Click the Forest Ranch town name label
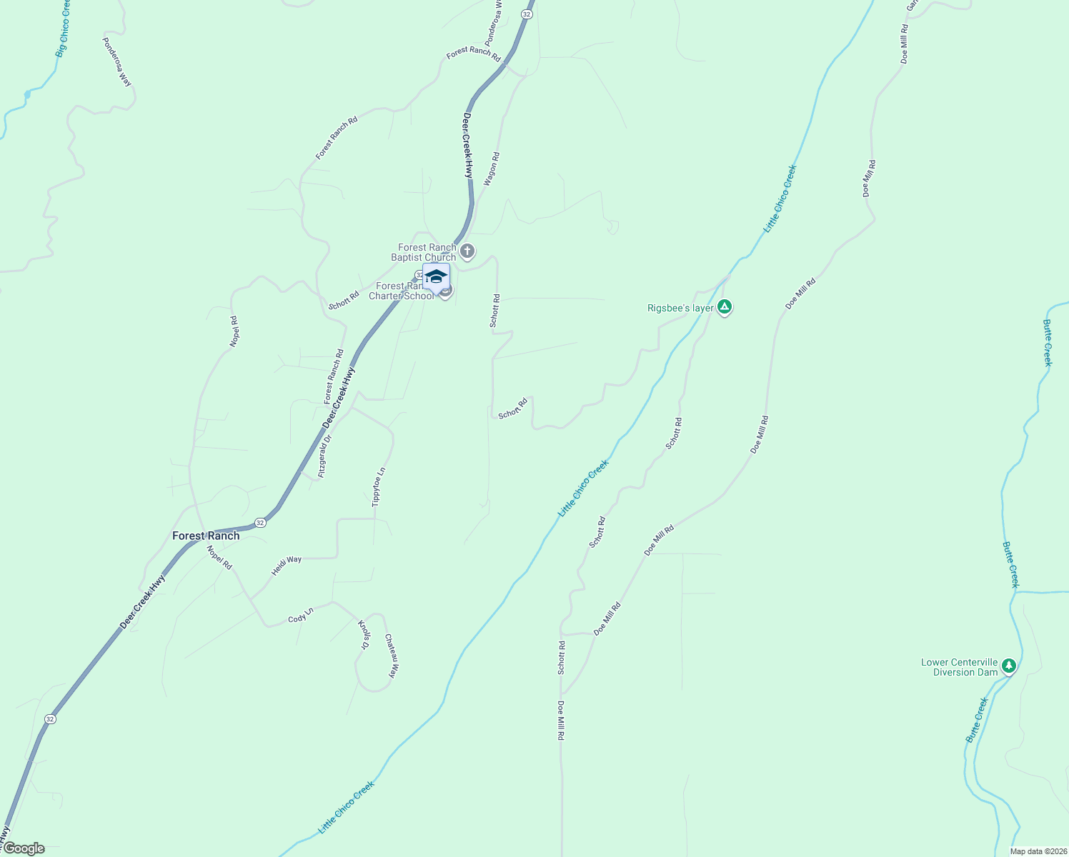pyautogui.click(x=206, y=536)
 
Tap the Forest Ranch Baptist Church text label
pyautogui.click(x=427, y=252)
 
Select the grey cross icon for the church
pyautogui.click(x=467, y=251)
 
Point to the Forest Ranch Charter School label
pyautogui.click(x=401, y=291)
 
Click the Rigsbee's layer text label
pyautogui.click(x=680, y=308)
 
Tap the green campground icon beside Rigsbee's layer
pyautogui.click(x=725, y=307)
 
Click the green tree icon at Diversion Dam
pyautogui.click(x=1008, y=666)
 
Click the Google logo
pyautogui.click(x=24, y=848)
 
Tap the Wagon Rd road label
pyautogui.click(x=492, y=169)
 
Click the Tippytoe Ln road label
pyautogui.click(x=379, y=487)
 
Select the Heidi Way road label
pyautogui.click(x=287, y=566)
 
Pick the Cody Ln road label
pyautogui.click(x=301, y=615)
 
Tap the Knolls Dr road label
pyautogui.click(x=364, y=634)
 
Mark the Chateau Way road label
pyautogui.click(x=391, y=656)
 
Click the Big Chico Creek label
pyautogui.click(x=64, y=29)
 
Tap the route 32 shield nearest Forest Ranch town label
pyautogui.click(x=260, y=523)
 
